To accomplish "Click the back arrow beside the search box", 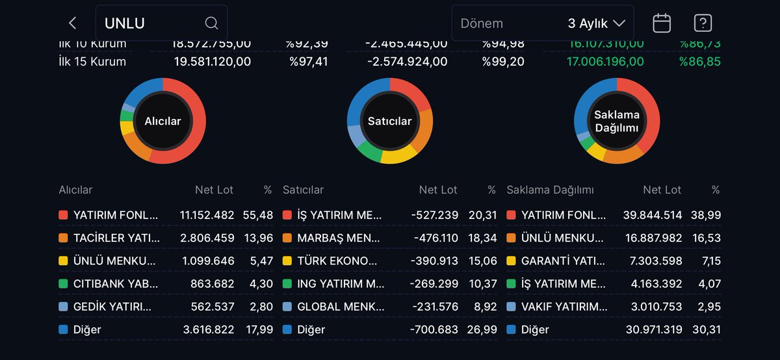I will coord(72,23).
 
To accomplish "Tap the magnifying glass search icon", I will coord(211,23).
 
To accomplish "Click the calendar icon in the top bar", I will coord(662,23).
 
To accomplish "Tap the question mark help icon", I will coord(703,23).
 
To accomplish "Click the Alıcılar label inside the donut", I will coord(162,121).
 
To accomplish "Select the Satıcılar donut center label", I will coord(389,121).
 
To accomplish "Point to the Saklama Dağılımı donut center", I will coord(616,121).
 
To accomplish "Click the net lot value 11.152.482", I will coord(206,215).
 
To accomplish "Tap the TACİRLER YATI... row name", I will coord(116,238).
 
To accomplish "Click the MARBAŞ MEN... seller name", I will coord(340,238).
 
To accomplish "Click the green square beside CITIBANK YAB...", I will coord(63,284).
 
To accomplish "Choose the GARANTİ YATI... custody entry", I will coord(564,261).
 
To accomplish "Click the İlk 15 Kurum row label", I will coord(92,62).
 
